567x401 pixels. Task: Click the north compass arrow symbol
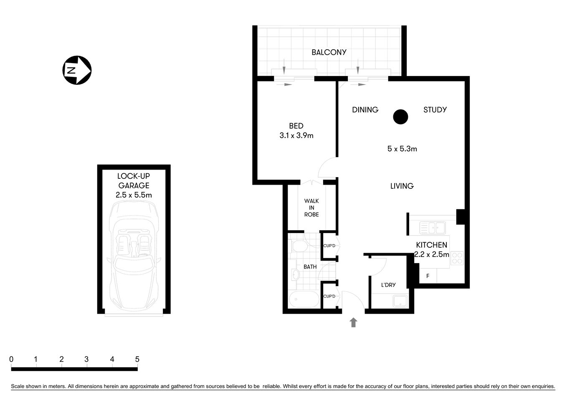(x=77, y=70)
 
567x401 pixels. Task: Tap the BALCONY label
(x=329, y=52)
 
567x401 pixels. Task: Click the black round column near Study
(x=400, y=117)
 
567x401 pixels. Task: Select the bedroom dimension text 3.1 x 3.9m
(x=296, y=135)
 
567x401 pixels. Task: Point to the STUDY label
(x=435, y=110)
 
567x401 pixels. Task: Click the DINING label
(x=365, y=110)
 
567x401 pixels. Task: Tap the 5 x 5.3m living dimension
(x=402, y=149)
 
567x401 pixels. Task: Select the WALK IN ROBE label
(x=311, y=208)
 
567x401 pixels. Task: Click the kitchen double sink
(x=433, y=228)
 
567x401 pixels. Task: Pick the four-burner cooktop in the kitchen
(x=457, y=257)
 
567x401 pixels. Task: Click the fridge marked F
(x=428, y=276)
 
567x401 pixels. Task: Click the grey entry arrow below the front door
(x=354, y=322)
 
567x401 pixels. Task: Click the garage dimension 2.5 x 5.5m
(x=134, y=195)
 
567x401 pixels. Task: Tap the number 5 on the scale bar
(x=137, y=359)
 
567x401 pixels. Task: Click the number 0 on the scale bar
(x=11, y=359)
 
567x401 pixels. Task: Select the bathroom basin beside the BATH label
(x=296, y=274)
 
